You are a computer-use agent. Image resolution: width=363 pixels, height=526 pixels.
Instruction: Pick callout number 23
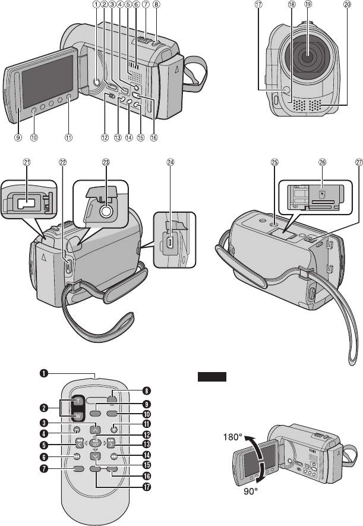pos(106,162)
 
